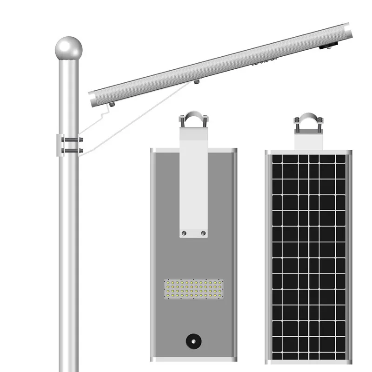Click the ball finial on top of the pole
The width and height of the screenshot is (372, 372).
coord(68,48)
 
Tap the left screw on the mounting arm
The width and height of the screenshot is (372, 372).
coord(184,232)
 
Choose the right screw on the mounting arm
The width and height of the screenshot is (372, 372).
coord(203,232)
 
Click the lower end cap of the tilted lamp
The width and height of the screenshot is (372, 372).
coord(93,98)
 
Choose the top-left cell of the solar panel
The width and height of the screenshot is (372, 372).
coord(277,159)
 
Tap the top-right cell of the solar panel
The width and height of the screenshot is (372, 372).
coord(340,159)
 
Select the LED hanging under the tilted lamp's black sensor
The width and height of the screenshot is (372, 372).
coord(333,47)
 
